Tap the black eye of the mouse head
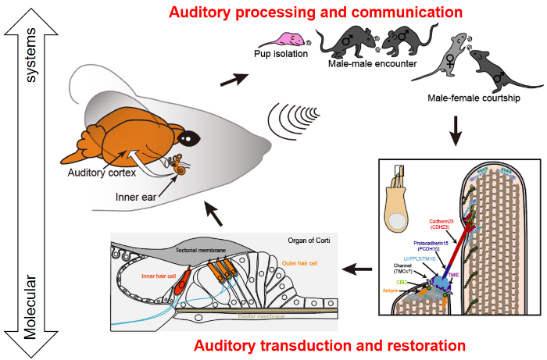coord(188,138)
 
